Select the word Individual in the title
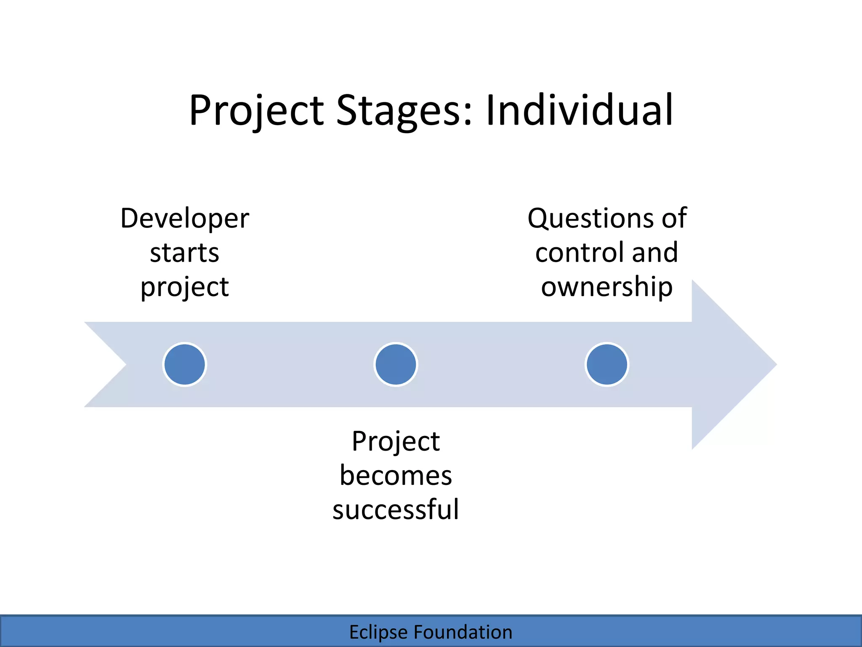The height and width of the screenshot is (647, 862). [579, 110]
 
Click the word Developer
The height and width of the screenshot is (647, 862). [185, 219]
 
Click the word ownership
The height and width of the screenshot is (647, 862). [607, 287]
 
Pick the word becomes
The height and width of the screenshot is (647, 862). [396, 476]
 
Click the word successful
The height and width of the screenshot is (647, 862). [396, 510]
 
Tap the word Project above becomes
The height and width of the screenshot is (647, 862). [396, 442]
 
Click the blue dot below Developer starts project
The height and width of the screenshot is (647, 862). [185, 364]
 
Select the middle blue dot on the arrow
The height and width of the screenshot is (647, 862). [396, 364]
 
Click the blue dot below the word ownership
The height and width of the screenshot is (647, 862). [607, 364]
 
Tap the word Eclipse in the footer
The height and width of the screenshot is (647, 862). [378, 632]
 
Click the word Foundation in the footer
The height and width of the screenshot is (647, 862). [463, 632]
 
